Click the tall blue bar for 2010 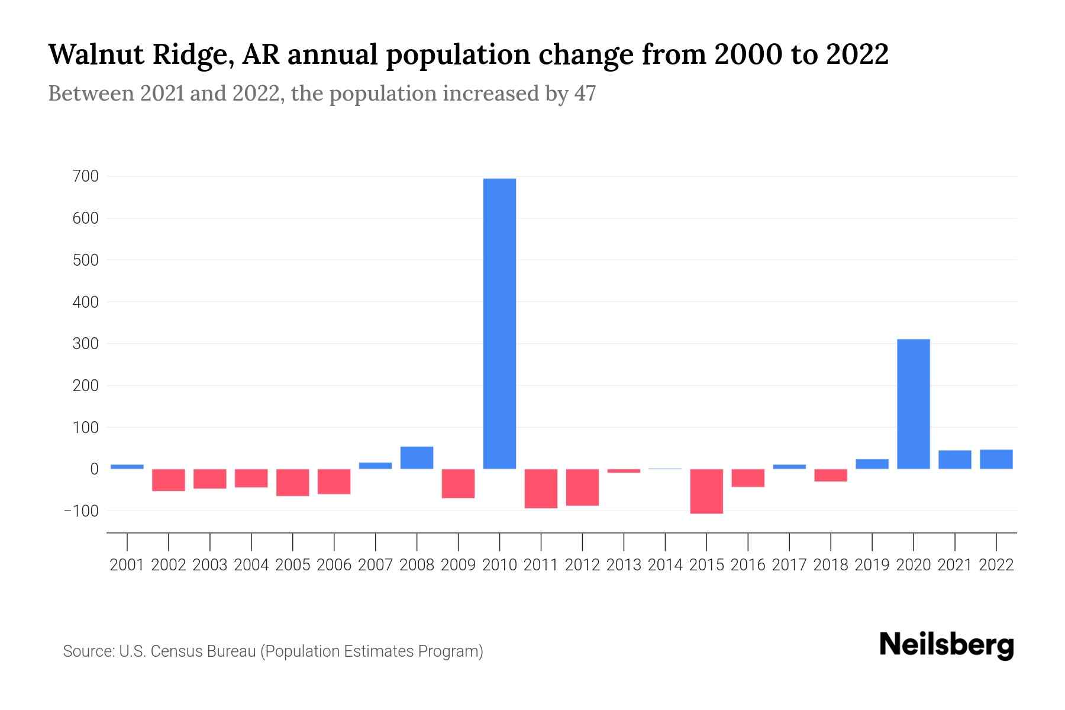(499, 324)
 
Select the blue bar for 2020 (913, 404)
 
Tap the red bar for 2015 (706, 491)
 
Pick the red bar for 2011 (541, 489)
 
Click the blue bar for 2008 (417, 457)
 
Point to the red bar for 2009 (458, 483)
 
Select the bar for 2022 (996, 459)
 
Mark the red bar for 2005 (292, 482)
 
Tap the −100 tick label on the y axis (82, 511)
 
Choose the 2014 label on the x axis (665, 565)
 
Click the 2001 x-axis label (127, 565)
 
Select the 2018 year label (831, 565)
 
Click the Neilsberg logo (946, 646)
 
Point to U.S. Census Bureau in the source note (188, 651)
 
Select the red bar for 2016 (748, 478)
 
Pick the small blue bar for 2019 (872, 464)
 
